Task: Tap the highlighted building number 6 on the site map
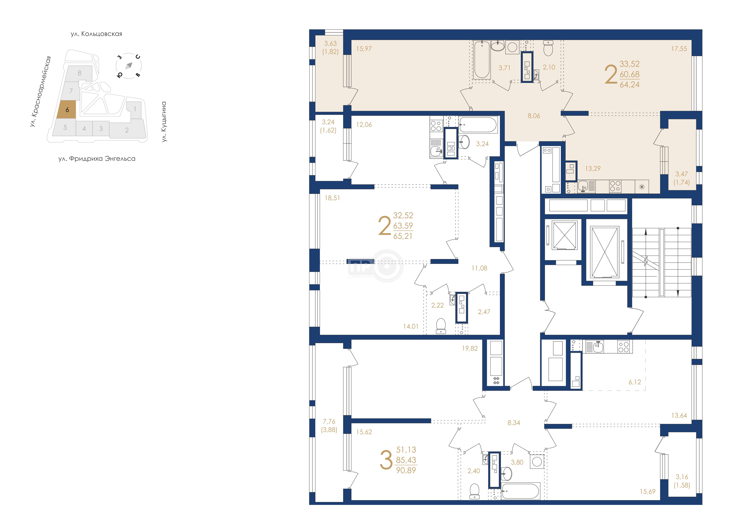tap(67, 110)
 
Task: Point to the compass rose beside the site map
tap(129, 66)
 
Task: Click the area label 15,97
tap(364, 49)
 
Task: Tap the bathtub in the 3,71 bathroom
tap(482, 60)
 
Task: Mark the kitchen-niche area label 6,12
tap(635, 382)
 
